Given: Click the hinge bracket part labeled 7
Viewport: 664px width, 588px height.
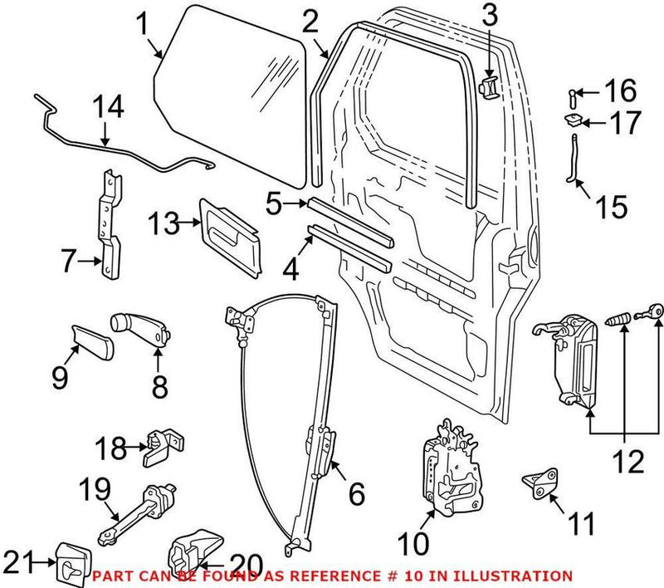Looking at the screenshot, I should [x=109, y=224].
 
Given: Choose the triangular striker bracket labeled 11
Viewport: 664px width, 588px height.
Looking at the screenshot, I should [x=541, y=487].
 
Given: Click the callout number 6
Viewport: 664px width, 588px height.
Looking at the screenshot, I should [x=356, y=495].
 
